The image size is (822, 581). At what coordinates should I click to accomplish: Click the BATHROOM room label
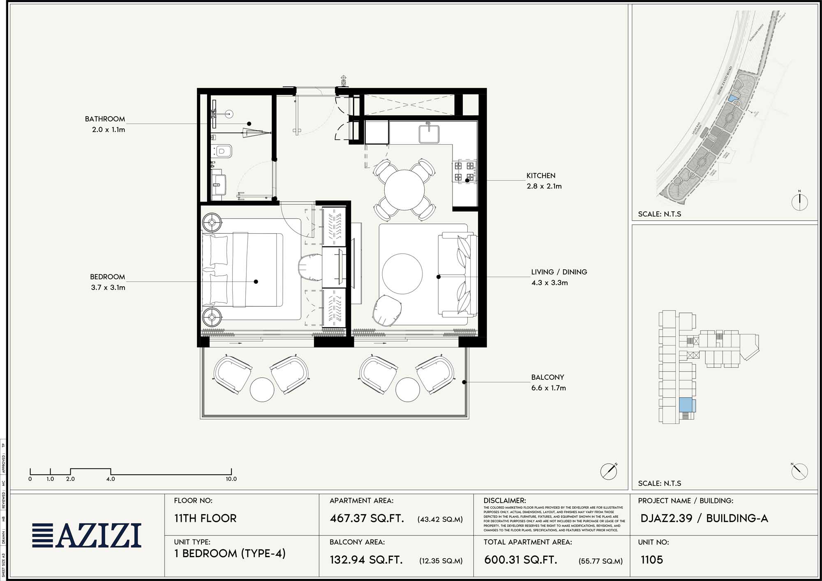[x=105, y=119]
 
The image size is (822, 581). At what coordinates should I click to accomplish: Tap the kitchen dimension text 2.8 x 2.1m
[x=544, y=186]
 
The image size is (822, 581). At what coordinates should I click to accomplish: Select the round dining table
[x=404, y=190]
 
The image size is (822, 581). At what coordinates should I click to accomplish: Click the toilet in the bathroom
[x=223, y=152]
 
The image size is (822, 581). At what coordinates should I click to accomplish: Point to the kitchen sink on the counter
[x=429, y=134]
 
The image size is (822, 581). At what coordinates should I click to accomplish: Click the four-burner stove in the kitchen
[x=464, y=172]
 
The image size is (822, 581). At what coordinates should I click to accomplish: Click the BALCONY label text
[x=547, y=377]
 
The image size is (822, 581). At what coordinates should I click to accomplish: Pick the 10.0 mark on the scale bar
[x=231, y=479]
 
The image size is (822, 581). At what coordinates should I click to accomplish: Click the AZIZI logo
[x=87, y=535]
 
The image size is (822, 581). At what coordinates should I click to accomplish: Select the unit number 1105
[x=652, y=560]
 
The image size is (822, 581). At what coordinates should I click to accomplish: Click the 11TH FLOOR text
[x=205, y=519]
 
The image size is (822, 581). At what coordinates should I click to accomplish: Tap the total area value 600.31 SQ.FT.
[x=520, y=560]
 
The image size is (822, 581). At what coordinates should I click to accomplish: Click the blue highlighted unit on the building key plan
[x=685, y=405]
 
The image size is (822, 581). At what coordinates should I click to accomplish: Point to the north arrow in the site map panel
[x=799, y=202]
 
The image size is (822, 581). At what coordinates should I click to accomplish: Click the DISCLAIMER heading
[x=504, y=501]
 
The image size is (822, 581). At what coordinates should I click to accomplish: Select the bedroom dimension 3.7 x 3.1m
[x=108, y=287]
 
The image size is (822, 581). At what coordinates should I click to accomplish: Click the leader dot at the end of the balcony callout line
[x=464, y=382]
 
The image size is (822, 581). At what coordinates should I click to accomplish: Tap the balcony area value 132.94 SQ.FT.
[x=366, y=560]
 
